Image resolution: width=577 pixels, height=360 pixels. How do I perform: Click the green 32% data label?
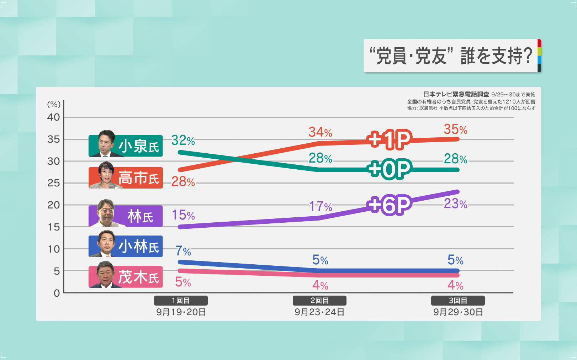tap(183, 141)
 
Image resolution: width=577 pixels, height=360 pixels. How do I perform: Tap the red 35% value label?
tap(455, 129)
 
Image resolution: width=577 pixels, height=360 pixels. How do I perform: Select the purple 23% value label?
tap(455, 204)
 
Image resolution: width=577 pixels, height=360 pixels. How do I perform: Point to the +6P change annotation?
tap(390, 205)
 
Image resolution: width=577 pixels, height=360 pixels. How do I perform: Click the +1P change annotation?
tap(390, 139)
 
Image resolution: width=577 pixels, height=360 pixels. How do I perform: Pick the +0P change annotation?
tap(390, 169)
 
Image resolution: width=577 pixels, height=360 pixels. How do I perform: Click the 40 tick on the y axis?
tap(54, 117)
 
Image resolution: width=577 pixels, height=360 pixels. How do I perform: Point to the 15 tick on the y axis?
tap(54, 227)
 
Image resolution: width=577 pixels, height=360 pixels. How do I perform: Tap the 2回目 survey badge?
tap(319, 301)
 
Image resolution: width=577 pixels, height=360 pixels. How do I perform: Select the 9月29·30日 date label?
tap(458, 312)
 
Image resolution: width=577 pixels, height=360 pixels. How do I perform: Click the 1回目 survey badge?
tap(181, 301)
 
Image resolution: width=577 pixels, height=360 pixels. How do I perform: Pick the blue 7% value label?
tap(183, 251)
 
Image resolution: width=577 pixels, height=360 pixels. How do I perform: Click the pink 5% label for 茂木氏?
tap(183, 282)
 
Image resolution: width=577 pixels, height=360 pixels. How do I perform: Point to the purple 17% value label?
tap(320, 206)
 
